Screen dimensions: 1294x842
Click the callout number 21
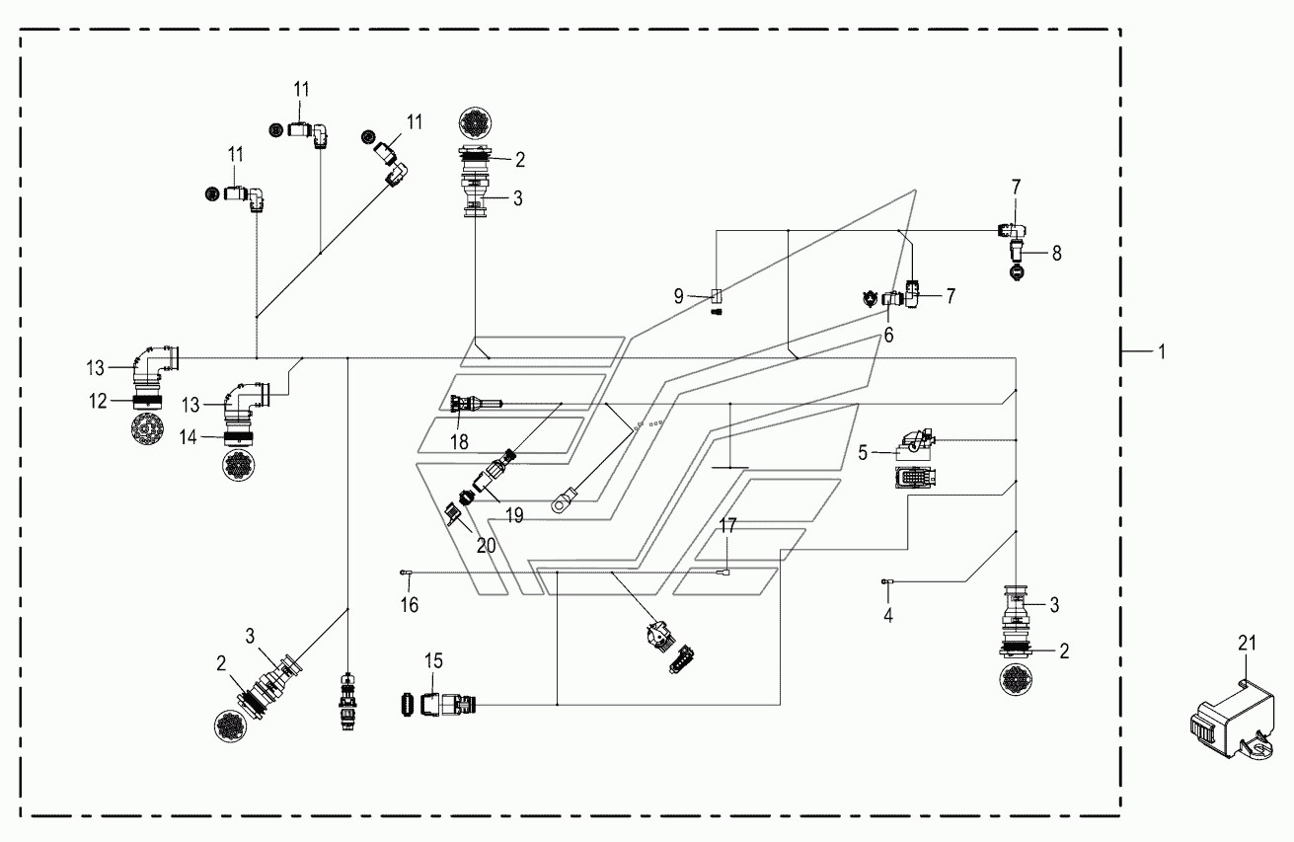tap(1248, 643)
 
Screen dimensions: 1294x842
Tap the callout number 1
tap(1162, 351)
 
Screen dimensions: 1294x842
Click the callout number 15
tap(434, 660)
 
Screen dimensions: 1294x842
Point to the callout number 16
tap(410, 605)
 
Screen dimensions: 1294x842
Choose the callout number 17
tap(727, 525)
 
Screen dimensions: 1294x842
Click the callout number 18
tap(459, 442)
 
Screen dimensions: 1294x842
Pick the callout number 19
tap(514, 515)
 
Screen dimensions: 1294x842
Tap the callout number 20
tap(486, 546)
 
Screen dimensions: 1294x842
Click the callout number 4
tap(888, 616)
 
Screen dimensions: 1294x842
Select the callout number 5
tap(863, 453)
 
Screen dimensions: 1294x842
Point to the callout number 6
tap(888, 335)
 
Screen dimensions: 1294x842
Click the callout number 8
tap(1056, 253)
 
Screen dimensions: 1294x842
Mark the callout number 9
tap(679, 296)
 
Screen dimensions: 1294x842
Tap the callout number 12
tap(98, 401)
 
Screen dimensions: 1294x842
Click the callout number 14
tap(188, 437)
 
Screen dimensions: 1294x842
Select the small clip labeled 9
tap(717, 296)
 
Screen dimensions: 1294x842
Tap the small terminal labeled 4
tap(886, 581)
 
